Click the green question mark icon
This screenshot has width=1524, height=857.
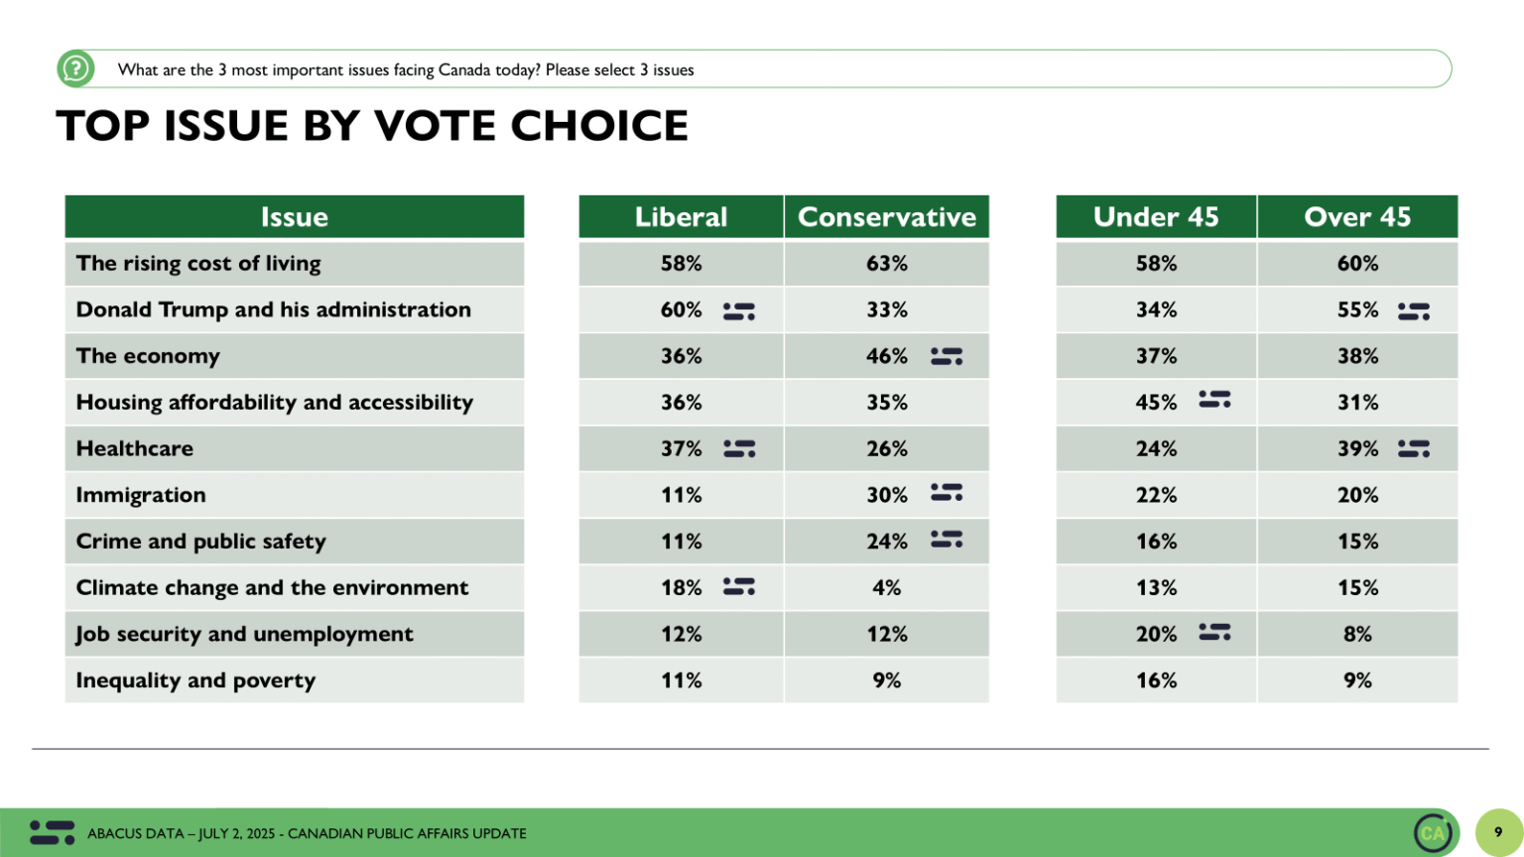click(x=75, y=69)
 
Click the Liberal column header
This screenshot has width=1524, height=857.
click(x=681, y=217)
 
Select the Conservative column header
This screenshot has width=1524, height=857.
click(x=886, y=217)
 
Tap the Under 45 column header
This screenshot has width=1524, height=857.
click(x=1156, y=217)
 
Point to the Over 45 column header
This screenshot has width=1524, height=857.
click(x=1356, y=217)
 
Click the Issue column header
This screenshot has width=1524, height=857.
click(x=294, y=217)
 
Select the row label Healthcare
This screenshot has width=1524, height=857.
click(x=135, y=448)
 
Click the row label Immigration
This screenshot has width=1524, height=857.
click(x=141, y=495)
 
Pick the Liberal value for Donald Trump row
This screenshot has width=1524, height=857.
click(x=681, y=310)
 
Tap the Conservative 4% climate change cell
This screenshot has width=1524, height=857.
click(x=886, y=588)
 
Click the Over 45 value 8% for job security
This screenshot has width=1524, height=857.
click(x=1356, y=635)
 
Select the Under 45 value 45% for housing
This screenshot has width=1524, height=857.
click(x=1156, y=403)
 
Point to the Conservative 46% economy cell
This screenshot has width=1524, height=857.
click(x=886, y=356)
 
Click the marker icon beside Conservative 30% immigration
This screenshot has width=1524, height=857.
click(x=947, y=493)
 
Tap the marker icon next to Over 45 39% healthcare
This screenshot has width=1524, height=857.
click(x=1413, y=449)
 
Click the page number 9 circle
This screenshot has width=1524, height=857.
click(x=1498, y=832)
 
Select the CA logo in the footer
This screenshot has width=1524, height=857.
click(x=1433, y=832)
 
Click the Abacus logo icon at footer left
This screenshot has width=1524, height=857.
click(x=52, y=832)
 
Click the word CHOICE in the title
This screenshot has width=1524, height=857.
click(x=598, y=126)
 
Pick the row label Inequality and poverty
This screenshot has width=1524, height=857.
click(x=195, y=680)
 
